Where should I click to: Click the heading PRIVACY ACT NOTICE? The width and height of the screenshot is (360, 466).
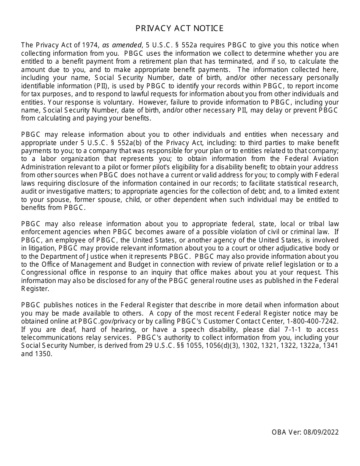pyautogui.click(x=180, y=28)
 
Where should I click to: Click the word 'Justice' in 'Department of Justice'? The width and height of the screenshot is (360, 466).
pyautogui.click(x=91, y=256)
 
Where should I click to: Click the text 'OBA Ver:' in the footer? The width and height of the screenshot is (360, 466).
pyautogui.click(x=285, y=432)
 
